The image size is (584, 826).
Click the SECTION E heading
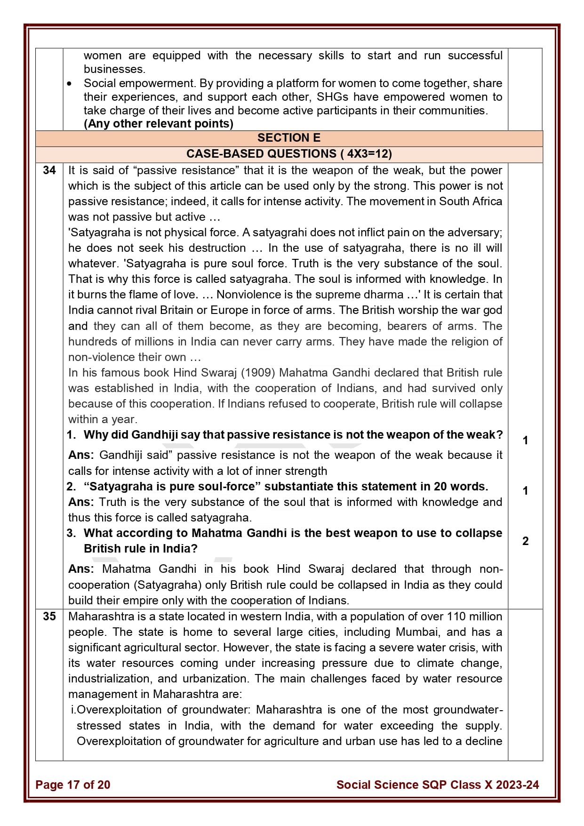click(x=288, y=138)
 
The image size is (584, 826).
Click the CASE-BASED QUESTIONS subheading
click(x=288, y=154)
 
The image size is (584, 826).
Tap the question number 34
click(x=49, y=170)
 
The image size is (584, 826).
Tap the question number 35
click(x=49, y=617)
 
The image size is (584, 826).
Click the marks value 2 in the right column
click(x=525, y=541)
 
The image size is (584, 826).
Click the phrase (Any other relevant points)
click(x=158, y=124)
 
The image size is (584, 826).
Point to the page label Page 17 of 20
click(x=72, y=785)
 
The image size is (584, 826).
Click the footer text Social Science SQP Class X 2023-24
click(x=437, y=785)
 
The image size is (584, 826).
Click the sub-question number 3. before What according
click(x=71, y=533)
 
